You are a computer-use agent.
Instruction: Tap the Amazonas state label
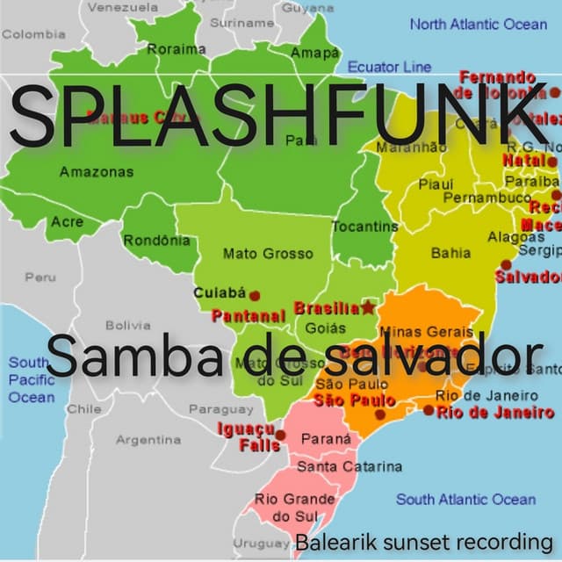click(x=97, y=171)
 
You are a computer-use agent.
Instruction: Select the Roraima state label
click(x=177, y=50)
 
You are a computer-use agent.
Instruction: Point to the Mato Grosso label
click(x=267, y=254)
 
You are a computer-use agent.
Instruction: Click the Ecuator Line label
click(x=389, y=67)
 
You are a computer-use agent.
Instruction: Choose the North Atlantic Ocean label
click(x=478, y=25)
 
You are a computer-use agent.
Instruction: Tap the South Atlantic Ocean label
click(x=465, y=500)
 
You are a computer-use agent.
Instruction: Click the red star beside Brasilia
click(x=367, y=307)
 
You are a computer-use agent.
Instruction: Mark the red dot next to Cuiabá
click(x=256, y=296)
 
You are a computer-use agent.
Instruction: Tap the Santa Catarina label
click(x=349, y=466)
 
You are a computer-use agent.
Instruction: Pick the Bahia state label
click(x=450, y=253)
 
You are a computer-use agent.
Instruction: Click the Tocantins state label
click(x=364, y=227)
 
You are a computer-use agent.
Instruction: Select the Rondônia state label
click(x=156, y=240)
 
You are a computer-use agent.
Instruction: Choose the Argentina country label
click(x=148, y=439)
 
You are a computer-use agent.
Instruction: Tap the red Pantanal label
click(x=249, y=314)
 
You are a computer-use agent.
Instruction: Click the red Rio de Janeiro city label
click(x=496, y=412)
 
